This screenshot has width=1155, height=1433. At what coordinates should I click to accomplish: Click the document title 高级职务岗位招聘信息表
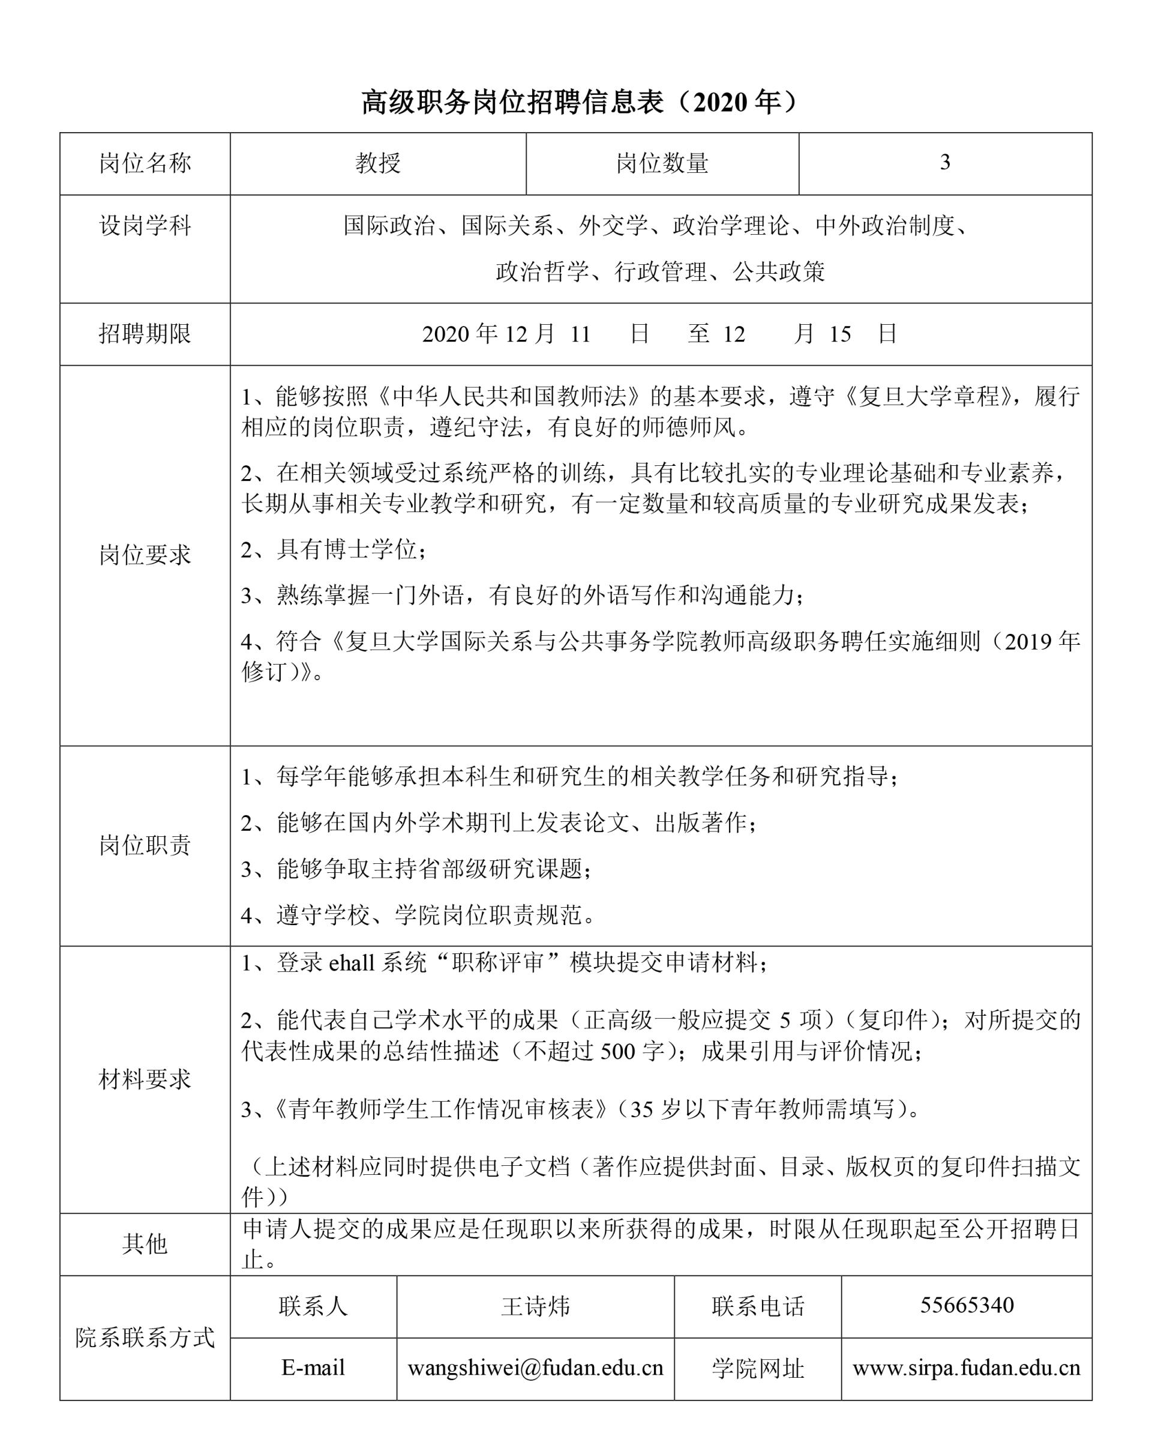tap(577, 103)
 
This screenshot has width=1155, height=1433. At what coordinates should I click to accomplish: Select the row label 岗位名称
tap(145, 164)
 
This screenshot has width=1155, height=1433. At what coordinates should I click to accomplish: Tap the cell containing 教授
tap(378, 164)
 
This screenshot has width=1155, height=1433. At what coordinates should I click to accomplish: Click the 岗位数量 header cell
tap(662, 164)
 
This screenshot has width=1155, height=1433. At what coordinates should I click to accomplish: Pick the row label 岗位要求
tap(145, 555)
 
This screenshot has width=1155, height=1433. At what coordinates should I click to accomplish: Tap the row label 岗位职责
tap(145, 845)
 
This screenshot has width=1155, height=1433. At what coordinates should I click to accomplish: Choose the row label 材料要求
tap(145, 1079)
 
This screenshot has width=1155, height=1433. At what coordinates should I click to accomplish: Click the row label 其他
tap(145, 1244)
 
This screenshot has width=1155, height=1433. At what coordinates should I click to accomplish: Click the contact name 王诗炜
tap(536, 1306)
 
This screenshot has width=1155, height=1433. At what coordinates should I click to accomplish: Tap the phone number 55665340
tap(967, 1305)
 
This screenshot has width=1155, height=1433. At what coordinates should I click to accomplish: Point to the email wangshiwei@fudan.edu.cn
tap(536, 1368)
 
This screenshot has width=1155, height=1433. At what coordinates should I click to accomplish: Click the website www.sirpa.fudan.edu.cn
tap(967, 1368)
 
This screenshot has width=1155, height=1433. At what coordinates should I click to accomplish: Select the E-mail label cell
tap(313, 1368)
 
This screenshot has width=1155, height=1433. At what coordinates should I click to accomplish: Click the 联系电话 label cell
tap(758, 1306)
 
